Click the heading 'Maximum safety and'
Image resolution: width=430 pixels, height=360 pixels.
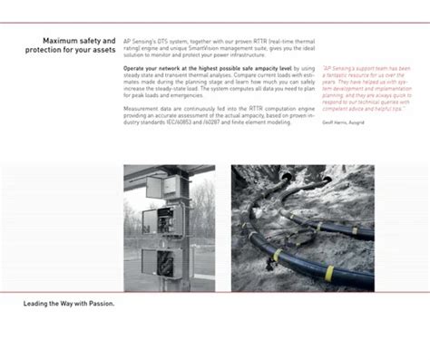pyautogui.click(x=79, y=41)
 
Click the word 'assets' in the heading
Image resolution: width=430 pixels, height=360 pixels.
pyautogui.click(x=101, y=50)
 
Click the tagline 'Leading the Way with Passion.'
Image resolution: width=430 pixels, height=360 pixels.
pyautogui.click(x=69, y=303)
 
